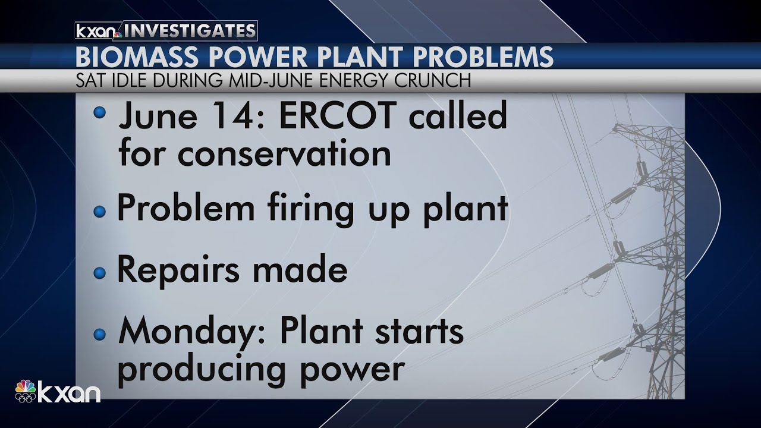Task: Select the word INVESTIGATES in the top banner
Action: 190,30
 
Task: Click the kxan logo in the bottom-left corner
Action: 69,393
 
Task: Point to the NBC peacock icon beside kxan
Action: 26,391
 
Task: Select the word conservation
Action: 284,153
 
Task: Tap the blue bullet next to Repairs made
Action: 100,273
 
